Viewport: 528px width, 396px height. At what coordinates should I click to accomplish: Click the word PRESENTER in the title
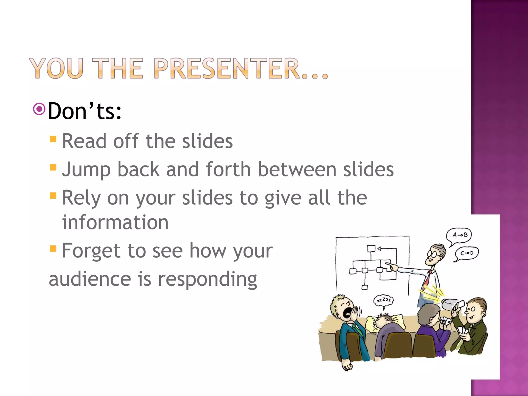pyautogui.click(x=227, y=68)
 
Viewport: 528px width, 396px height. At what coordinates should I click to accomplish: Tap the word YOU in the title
pyautogui.click(x=56, y=68)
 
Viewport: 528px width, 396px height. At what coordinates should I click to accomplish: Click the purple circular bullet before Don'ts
pyautogui.click(x=39, y=109)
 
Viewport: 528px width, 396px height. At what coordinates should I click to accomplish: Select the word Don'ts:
pyautogui.click(x=85, y=111)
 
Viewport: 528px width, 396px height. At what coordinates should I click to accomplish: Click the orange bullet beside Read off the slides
pyautogui.click(x=53, y=139)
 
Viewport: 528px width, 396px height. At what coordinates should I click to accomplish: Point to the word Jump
pyautogui.click(x=86, y=170)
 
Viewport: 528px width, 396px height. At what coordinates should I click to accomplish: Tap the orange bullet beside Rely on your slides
pyautogui.click(x=53, y=196)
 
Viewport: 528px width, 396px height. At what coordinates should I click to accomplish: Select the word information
pyautogui.click(x=115, y=222)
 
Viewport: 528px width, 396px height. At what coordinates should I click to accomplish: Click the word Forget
pyautogui.click(x=91, y=251)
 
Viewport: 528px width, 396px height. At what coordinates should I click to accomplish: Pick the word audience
pyautogui.click(x=90, y=279)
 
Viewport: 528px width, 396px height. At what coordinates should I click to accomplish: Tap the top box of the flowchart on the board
pyautogui.click(x=371, y=249)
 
